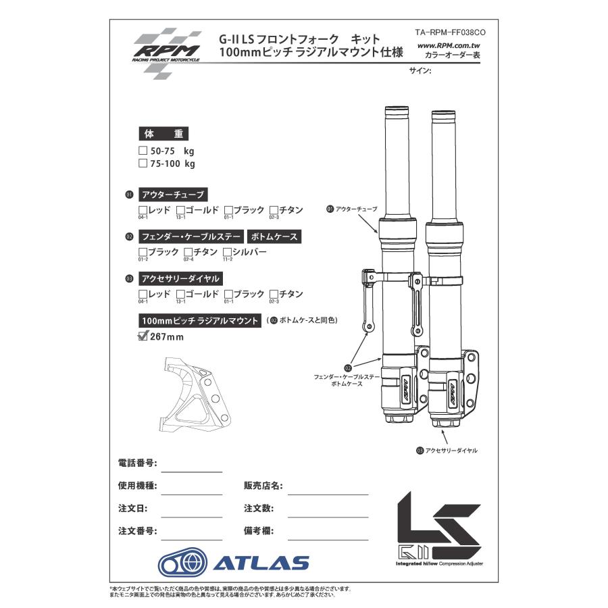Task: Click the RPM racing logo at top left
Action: tap(166, 48)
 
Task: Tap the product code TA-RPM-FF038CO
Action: tap(450, 32)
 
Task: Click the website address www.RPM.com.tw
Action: tap(449, 45)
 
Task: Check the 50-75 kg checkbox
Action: tap(143, 151)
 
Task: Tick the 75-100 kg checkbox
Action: tap(143, 163)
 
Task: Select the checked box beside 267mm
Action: tap(143, 336)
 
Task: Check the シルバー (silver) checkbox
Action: tap(227, 252)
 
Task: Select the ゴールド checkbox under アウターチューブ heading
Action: tap(180, 210)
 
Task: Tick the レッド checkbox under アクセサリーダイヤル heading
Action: tap(143, 294)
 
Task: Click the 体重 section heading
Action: tap(163, 134)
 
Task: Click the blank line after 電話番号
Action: tap(191, 470)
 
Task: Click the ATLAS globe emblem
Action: tap(182, 562)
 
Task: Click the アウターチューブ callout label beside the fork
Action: tap(355, 209)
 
